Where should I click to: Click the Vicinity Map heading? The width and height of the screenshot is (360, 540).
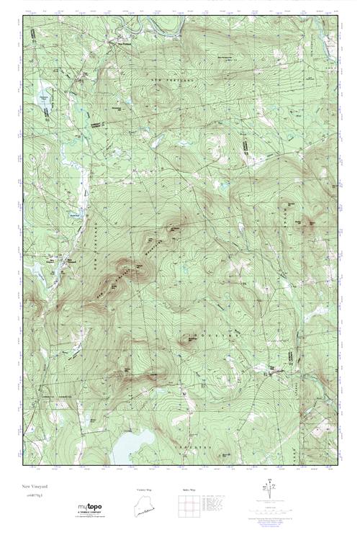pyautogui.click(x=145, y=490)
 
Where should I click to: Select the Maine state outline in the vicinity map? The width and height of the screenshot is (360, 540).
pyautogui.click(x=145, y=507)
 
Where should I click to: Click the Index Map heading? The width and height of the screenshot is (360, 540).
pyautogui.click(x=184, y=490)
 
